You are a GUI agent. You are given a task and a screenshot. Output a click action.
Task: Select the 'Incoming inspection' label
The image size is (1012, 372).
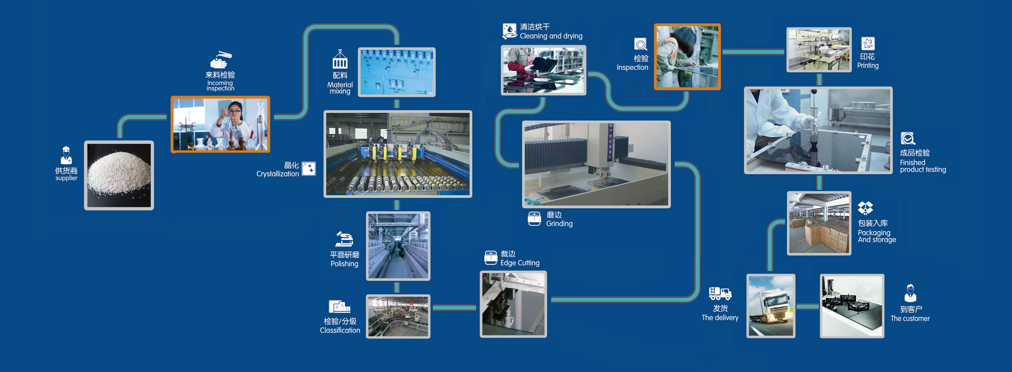(220, 86)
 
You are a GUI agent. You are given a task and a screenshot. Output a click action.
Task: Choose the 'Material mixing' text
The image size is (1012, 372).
(340, 88)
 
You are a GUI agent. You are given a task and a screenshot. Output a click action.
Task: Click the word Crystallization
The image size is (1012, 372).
(278, 174)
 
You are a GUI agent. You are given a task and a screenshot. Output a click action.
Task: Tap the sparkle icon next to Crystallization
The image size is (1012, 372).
(309, 169)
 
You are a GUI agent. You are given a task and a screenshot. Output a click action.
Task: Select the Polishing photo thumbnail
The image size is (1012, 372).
(398, 246)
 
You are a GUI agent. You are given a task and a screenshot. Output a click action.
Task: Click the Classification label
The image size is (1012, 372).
(340, 330)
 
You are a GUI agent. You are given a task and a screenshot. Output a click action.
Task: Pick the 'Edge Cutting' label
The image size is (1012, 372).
(519, 263)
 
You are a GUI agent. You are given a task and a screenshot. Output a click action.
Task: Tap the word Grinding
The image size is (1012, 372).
(559, 223)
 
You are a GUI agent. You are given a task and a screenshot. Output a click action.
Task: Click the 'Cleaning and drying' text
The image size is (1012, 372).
(551, 36)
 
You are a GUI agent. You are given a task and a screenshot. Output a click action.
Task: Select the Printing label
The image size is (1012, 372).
(867, 65)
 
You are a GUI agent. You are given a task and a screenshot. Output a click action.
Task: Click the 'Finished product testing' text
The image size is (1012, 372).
(922, 166)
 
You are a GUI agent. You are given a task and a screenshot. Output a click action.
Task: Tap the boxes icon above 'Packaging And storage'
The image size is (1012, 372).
(865, 208)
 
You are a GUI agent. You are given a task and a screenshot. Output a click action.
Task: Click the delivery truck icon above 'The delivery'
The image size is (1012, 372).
(720, 293)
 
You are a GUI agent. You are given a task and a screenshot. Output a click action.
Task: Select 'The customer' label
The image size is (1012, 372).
(910, 318)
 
